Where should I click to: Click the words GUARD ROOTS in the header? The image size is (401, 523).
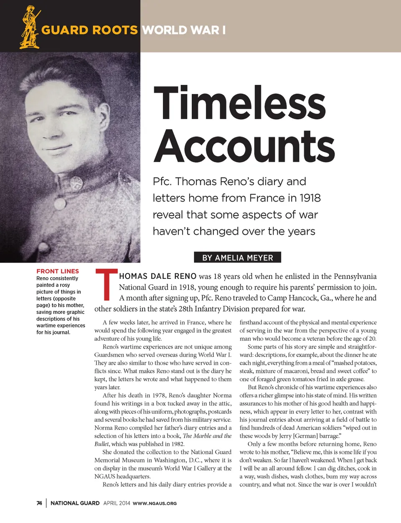pyautogui.click(x=89, y=30)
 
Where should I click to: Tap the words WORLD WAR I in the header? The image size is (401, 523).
pyautogui.click(x=184, y=30)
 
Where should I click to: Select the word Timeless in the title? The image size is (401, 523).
pyautogui.click(x=239, y=103)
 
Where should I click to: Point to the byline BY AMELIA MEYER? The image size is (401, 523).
pyautogui.click(x=237, y=258)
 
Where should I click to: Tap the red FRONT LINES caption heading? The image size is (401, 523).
pyautogui.click(x=58, y=271)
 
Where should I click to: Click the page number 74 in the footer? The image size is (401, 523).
pyautogui.click(x=39, y=503)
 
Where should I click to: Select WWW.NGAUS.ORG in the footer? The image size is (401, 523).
pyautogui.click(x=155, y=503)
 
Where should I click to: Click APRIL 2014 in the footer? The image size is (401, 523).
pyautogui.click(x=117, y=503)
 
